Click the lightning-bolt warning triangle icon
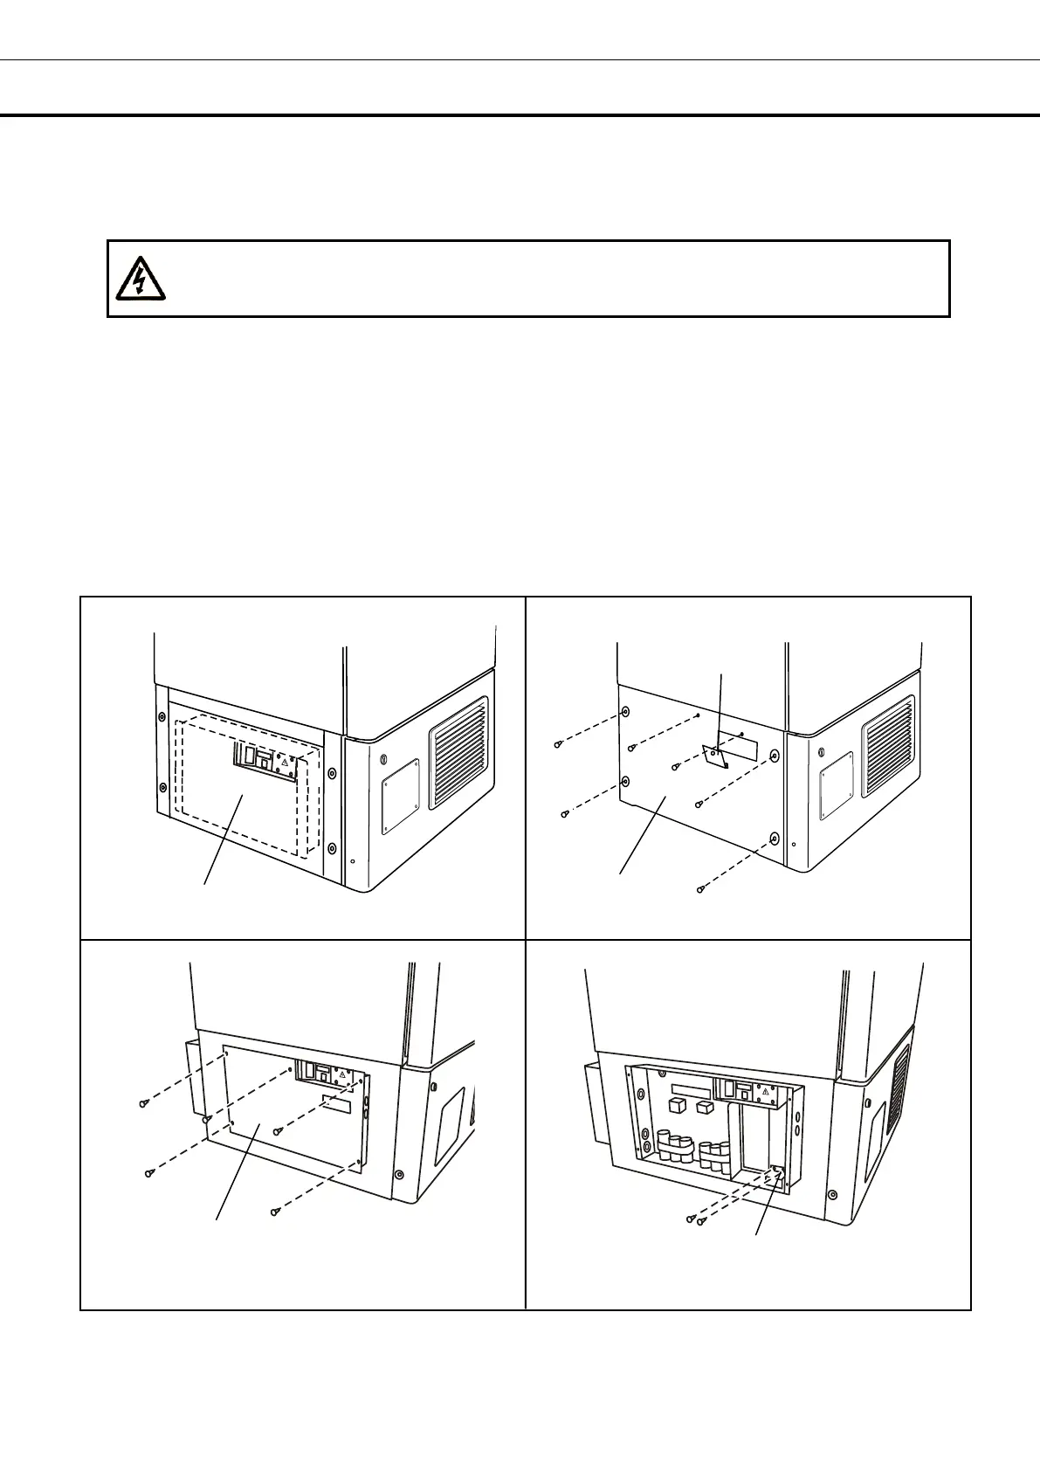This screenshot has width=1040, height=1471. (x=138, y=277)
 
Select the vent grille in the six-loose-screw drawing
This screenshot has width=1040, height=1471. (x=888, y=746)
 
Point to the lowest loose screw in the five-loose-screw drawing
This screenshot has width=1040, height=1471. (x=275, y=1211)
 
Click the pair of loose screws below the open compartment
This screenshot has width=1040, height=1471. (x=694, y=1217)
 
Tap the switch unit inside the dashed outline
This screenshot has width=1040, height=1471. (x=265, y=757)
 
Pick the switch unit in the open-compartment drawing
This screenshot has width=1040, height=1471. (x=746, y=1091)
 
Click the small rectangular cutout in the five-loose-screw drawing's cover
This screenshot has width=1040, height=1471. (x=335, y=1105)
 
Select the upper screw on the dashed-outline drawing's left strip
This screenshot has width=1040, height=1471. (x=161, y=718)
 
